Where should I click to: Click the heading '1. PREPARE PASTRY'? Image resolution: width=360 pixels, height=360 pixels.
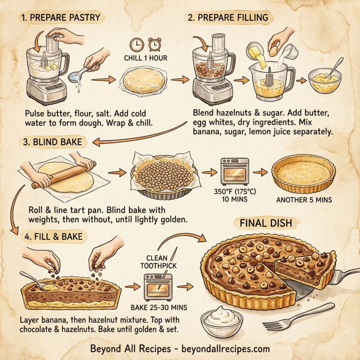click(61, 17)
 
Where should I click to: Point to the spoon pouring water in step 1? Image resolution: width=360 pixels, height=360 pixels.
click(84, 75)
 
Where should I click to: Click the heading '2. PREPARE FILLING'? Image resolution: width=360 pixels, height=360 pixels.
click(227, 17)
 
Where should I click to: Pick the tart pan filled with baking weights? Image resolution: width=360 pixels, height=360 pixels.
click(166, 175)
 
